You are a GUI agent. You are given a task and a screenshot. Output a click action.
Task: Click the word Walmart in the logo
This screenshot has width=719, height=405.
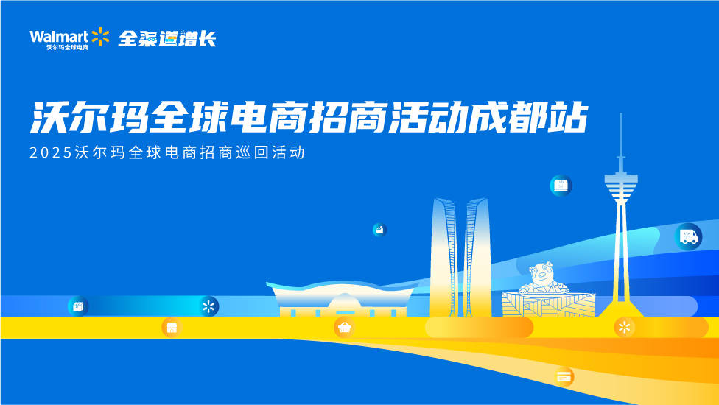coord(59,37)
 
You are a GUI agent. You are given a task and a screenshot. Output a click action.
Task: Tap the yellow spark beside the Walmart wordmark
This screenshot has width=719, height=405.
coord(100,37)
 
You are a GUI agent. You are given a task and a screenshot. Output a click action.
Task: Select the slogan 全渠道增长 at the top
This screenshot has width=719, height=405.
coord(167,38)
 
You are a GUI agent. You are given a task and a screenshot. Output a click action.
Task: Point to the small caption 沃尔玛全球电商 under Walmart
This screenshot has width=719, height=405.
coord(68,47)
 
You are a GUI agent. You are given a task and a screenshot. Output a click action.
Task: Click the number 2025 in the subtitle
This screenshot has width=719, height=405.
coord(51,152)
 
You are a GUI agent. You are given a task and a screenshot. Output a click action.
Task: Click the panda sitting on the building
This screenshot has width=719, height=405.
coord(544,278)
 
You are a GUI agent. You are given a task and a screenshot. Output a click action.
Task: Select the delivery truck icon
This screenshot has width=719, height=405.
coord(689,236)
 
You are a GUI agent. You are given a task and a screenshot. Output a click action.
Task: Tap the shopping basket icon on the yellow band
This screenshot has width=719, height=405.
coord(344,327)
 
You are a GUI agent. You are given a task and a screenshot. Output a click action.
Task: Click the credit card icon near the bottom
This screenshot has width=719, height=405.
coord(564,376)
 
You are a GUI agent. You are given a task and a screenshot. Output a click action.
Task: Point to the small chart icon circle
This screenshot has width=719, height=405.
coord(379,230)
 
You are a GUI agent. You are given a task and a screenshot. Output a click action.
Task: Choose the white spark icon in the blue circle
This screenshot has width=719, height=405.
coord(208,306)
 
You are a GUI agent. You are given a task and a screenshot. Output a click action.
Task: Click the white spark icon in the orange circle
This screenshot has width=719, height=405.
coord(624,327)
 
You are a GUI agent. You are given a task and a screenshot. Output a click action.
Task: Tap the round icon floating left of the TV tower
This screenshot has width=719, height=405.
coord(561,186)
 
